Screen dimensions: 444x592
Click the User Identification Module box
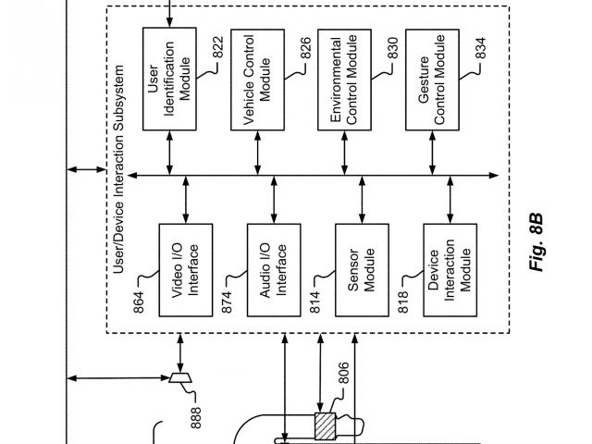pos(169,79)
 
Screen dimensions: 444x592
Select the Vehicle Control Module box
pos(256,79)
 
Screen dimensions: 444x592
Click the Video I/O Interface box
pos(185,269)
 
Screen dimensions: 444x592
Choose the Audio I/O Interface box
pos(274,269)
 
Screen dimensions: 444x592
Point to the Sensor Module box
pos(361,269)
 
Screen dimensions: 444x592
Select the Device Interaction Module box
pos(450,269)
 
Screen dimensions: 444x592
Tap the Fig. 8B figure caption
pos(537,242)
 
